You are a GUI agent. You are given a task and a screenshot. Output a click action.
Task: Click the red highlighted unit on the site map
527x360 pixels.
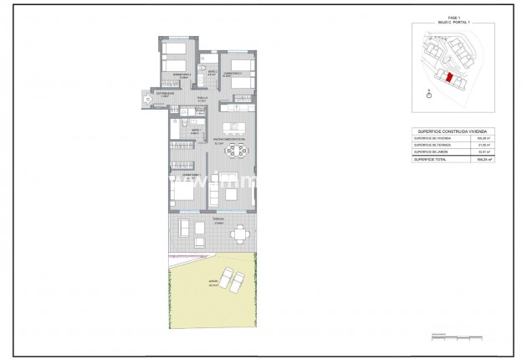tap(449, 78)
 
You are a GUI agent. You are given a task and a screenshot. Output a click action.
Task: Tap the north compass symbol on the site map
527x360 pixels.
tap(429, 95)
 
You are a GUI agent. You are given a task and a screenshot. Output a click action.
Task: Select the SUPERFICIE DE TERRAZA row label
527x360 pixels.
tap(432, 144)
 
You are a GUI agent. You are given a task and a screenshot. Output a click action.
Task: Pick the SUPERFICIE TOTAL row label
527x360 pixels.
tap(430, 158)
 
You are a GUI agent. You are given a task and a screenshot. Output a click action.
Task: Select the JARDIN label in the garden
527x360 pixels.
tap(191, 284)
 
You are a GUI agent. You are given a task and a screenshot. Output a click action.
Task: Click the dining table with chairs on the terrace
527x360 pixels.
tap(240, 233)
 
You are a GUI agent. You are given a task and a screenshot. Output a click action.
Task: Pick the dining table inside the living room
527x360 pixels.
tap(240, 152)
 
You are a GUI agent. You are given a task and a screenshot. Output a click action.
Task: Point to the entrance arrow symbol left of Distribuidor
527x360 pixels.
tap(147, 100)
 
